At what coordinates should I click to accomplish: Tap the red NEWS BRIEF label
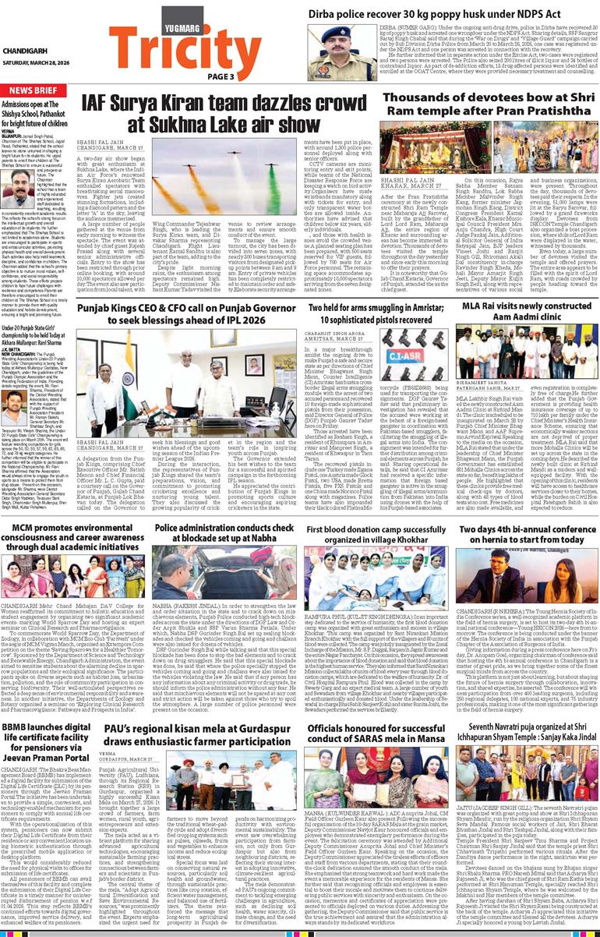point(34,90)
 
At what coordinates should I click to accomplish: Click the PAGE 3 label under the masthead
point(221,76)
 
